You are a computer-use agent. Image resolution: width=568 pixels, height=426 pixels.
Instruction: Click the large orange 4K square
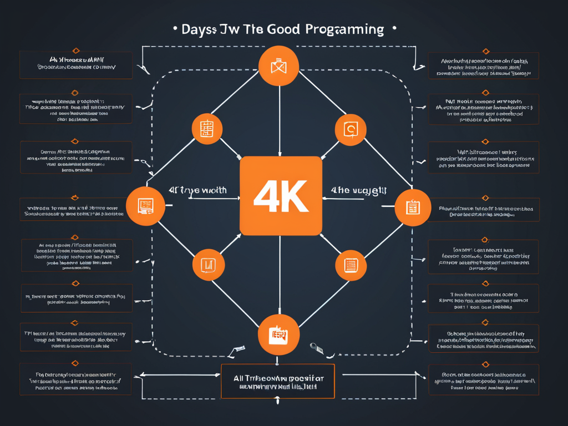click(281, 195)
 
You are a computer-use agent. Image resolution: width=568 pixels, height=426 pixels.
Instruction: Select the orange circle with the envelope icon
click(278, 66)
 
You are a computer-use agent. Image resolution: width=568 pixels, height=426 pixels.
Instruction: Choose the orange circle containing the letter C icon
click(351, 129)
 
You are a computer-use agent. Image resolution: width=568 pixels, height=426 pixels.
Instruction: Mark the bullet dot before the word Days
click(176, 28)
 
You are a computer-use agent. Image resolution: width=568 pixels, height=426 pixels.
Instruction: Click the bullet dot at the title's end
click(394, 28)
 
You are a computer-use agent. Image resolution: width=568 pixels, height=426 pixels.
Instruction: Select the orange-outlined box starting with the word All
click(277, 381)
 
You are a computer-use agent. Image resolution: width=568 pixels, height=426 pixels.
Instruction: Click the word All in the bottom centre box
click(239, 377)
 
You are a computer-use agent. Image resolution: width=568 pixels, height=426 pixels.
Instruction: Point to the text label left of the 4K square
click(197, 190)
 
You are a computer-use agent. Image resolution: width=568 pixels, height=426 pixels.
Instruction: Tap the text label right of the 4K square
click(358, 190)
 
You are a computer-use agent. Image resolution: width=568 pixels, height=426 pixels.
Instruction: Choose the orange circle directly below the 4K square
click(279, 334)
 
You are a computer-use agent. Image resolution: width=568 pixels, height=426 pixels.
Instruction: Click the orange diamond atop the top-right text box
click(486, 51)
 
